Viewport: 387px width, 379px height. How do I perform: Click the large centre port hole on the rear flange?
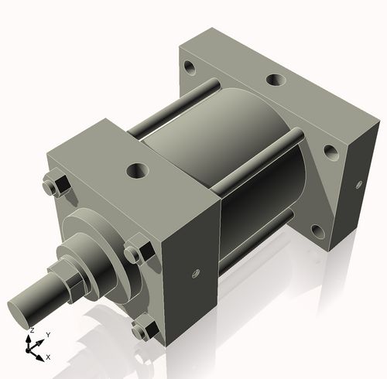(275, 80)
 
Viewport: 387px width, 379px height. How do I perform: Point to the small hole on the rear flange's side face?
(359, 185)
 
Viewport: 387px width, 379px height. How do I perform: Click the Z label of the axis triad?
(31, 330)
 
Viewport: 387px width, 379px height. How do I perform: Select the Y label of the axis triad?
(48, 334)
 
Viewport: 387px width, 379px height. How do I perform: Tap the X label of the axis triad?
(48, 357)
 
